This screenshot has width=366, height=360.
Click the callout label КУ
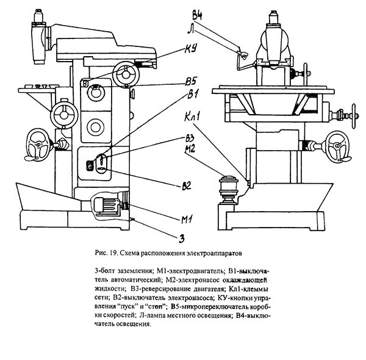[191, 49]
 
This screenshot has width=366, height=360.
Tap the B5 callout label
[191, 82]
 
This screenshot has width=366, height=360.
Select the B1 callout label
[193, 95]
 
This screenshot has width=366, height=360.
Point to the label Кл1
[192, 116]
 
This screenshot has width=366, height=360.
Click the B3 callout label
[190, 139]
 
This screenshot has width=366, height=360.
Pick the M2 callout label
[190, 149]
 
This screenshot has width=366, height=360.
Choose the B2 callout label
[187, 185]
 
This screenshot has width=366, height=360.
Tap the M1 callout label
[187, 219]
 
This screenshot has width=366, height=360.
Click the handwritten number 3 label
[182, 239]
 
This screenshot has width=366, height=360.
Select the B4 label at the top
[197, 15]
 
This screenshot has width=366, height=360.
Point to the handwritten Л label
[191, 29]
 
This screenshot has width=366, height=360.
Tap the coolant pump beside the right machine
[228, 190]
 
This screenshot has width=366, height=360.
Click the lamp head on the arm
[242, 55]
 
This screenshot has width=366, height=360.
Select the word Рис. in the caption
[101, 254]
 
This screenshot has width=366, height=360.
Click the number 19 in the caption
[113, 254]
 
